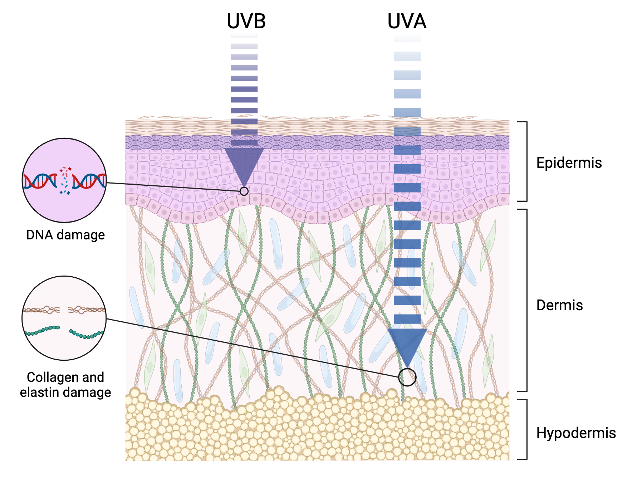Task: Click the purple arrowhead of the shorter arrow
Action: click(244, 163)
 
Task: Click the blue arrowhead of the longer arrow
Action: click(407, 344)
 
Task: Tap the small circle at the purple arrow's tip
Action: click(244, 191)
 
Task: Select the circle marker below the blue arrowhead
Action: click(407, 377)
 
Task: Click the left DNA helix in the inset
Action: click(40, 181)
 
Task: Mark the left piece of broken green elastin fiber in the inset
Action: click(42, 330)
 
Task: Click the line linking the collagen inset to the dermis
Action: click(250, 347)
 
